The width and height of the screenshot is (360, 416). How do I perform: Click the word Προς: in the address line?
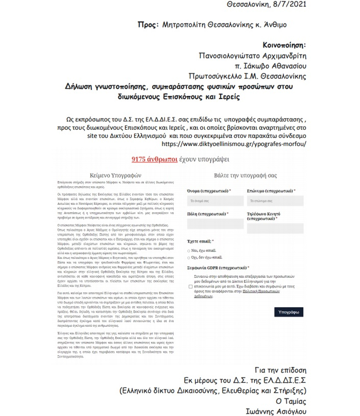pyautogui.click(x=148, y=25)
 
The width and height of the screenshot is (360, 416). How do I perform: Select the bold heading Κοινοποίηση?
pyautogui.click(x=285, y=45)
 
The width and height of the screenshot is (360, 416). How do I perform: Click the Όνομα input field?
pyautogui.click(x=209, y=201)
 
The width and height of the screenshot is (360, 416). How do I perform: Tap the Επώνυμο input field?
pyautogui.click(x=275, y=201)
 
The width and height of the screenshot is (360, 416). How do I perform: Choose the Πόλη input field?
pyautogui.click(x=209, y=224)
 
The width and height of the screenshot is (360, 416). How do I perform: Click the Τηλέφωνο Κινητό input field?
pyautogui.click(x=275, y=228)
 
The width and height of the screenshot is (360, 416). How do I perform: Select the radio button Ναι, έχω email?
pyautogui.click(x=189, y=251)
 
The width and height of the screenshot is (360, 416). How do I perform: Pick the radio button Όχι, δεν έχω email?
pyautogui.click(x=189, y=258)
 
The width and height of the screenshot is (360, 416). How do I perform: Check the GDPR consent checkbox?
pyautogui.click(x=190, y=286)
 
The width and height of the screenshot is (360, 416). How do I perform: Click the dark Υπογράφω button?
pyautogui.click(x=289, y=311)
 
